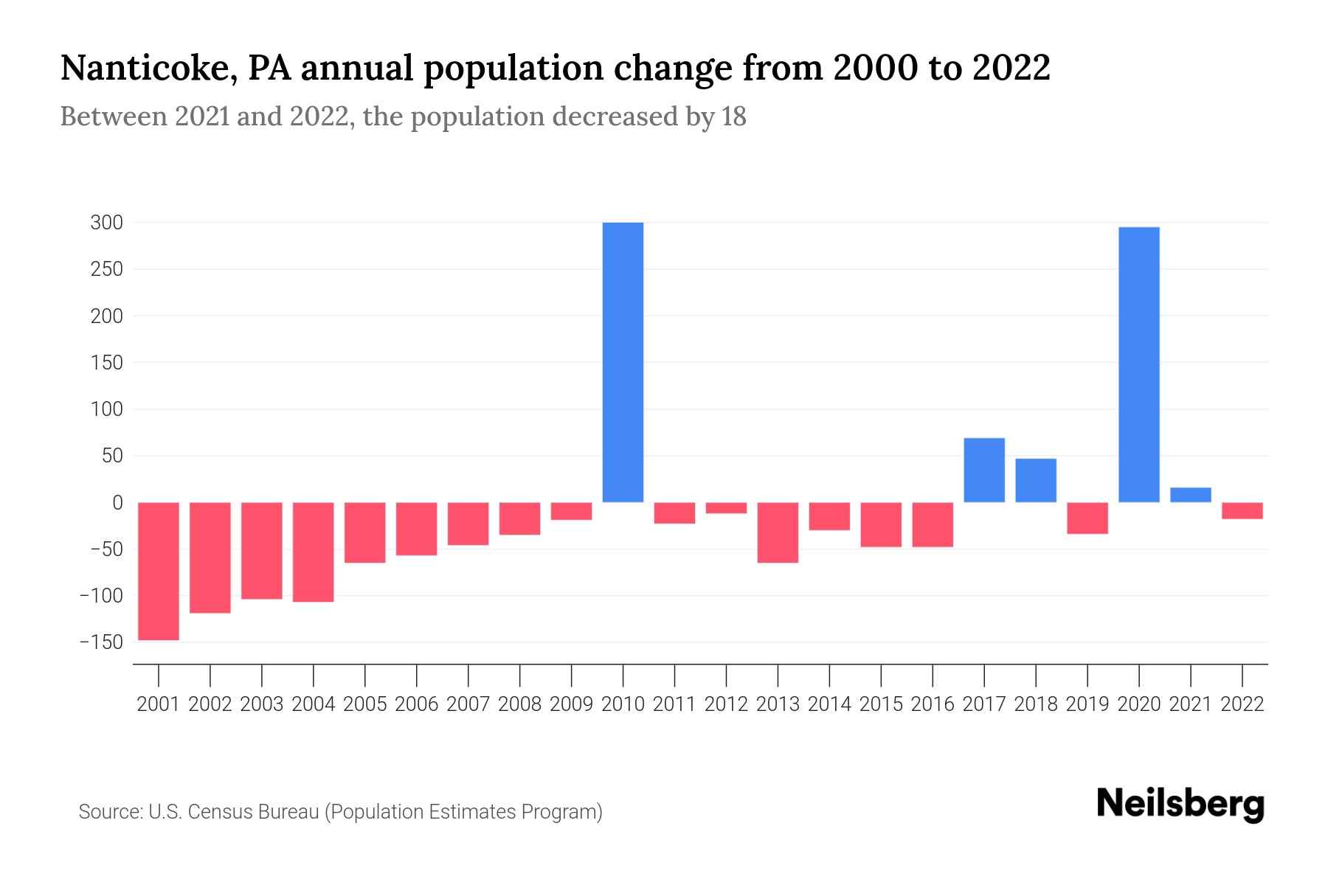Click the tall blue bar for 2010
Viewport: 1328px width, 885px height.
(x=623, y=362)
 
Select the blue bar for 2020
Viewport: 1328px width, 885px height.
(x=1138, y=364)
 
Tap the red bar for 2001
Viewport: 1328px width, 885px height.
(x=159, y=571)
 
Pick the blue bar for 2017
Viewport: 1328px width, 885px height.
(x=983, y=470)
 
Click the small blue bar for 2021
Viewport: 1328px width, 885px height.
(x=1190, y=495)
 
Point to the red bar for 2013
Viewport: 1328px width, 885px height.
(x=778, y=532)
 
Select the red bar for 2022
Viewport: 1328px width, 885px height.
(x=1242, y=510)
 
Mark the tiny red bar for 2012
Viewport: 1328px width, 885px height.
(x=726, y=507)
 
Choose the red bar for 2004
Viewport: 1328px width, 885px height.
(x=314, y=552)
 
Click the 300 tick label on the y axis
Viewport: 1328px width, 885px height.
(x=106, y=223)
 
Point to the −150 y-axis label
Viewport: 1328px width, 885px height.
(x=101, y=642)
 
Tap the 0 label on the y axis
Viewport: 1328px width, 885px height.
(x=117, y=503)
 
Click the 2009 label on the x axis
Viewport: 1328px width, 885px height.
(x=571, y=704)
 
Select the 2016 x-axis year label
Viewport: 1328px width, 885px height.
(x=933, y=704)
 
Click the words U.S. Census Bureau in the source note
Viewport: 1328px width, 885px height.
(x=234, y=812)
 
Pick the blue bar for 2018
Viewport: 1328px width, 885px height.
(x=1035, y=480)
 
